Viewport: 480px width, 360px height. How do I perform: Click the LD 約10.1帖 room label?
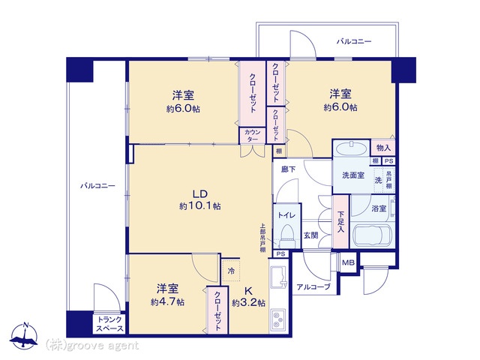(x=200, y=200)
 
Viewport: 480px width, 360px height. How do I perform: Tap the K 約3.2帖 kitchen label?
(x=248, y=296)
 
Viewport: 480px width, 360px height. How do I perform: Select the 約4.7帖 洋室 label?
(x=167, y=295)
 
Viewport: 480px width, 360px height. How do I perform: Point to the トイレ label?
(x=286, y=215)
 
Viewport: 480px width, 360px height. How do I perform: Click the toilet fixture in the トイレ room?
(x=287, y=235)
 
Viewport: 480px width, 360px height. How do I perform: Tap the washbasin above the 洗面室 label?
(x=351, y=149)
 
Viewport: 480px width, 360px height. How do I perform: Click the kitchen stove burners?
(x=277, y=320)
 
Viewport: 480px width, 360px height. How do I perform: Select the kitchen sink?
(x=278, y=277)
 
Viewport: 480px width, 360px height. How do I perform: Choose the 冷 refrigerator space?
(x=231, y=271)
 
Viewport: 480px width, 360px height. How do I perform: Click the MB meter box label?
(x=348, y=262)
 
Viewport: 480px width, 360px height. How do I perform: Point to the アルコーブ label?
(x=313, y=286)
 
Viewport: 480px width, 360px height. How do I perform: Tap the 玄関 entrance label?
(x=310, y=235)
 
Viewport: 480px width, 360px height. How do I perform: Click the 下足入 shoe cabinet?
(x=340, y=222)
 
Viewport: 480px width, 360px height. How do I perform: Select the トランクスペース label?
(x=109, y=324)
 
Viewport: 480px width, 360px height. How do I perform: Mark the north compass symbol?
(x=24, y=336)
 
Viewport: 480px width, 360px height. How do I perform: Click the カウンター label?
(x=253, y=136)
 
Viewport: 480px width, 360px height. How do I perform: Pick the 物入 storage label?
(x=383, y=148)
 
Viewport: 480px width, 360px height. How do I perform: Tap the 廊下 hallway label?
(x=288, y=169)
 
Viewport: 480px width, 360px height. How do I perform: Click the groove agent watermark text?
(x=91, y=346)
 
